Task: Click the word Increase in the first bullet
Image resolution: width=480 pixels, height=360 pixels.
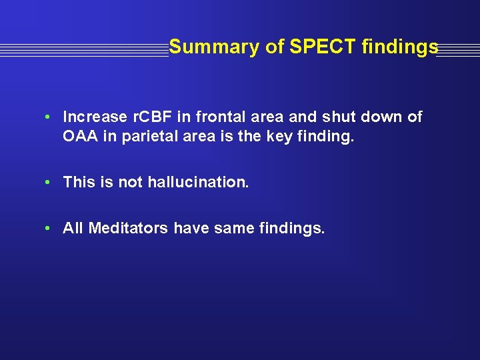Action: (x=95, y=117)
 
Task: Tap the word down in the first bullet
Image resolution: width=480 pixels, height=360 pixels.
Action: (x=389, y=117)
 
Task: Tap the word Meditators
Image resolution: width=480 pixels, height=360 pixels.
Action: (x=129, y=229)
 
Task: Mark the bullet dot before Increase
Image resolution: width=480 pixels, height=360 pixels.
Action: (x=49, y=118)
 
